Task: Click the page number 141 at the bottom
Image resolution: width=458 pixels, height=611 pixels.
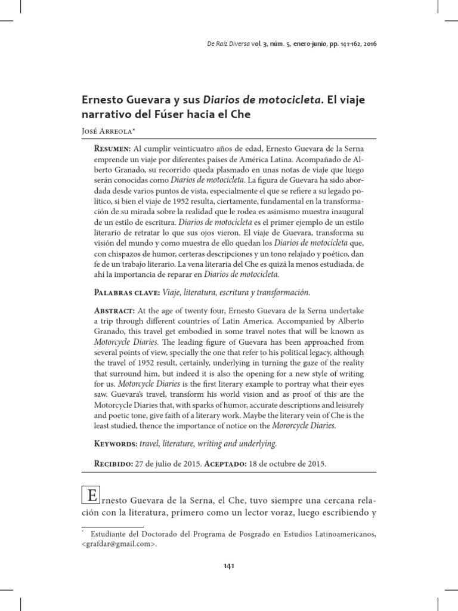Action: tap(229, 566)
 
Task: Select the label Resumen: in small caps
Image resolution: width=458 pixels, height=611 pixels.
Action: tap(113, 147)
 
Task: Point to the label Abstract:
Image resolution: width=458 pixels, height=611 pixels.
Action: tap(114, 311)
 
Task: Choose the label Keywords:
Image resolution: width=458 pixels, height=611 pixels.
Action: tap(115, 444)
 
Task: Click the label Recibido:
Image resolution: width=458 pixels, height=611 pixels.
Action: tap(114, 463)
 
